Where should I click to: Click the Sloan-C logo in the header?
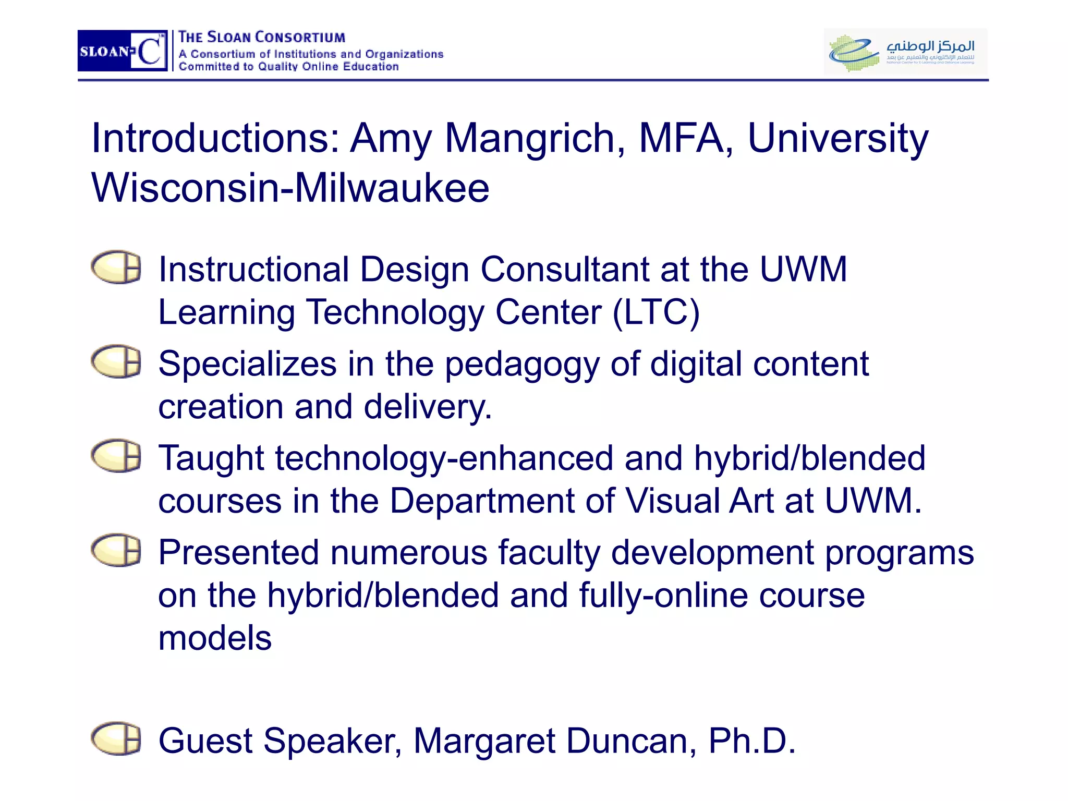(x=123, y=51)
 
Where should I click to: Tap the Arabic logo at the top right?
(x=905, y=51)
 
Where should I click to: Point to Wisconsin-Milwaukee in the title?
(x=290, y=188)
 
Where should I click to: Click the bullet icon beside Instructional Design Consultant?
(x=116, y=268)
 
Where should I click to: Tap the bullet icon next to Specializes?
(x=116, y=361)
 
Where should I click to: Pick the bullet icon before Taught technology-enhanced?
(x=116, y=456)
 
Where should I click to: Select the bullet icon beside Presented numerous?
(x=116, y=550)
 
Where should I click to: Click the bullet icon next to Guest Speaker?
(x=116, y=739)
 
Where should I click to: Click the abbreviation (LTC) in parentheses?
(x=656, y=313)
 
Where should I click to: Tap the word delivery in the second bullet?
(x=428, y=407)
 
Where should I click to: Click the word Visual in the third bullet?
(x=671, y=501)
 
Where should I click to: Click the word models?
(x=215, y=638)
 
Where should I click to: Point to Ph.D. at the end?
(x=751, y=741)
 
